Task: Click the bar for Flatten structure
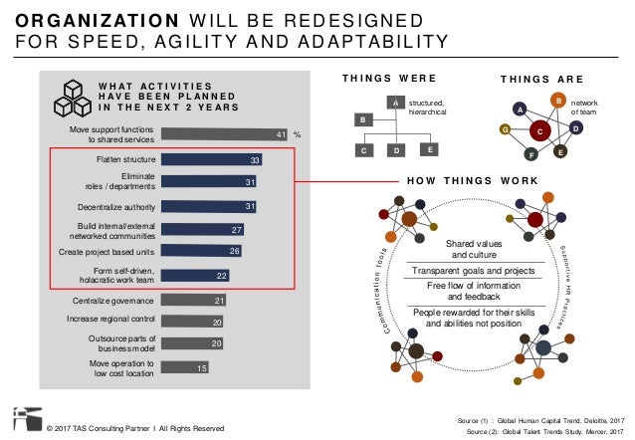211,158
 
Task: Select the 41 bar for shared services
225,133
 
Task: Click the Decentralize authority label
114,206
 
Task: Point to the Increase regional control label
107,321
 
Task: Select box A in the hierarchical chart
395,103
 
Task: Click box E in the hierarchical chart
429,149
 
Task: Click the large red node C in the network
540,129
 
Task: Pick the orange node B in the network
558,101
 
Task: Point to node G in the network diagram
506,129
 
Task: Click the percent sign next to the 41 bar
297,134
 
